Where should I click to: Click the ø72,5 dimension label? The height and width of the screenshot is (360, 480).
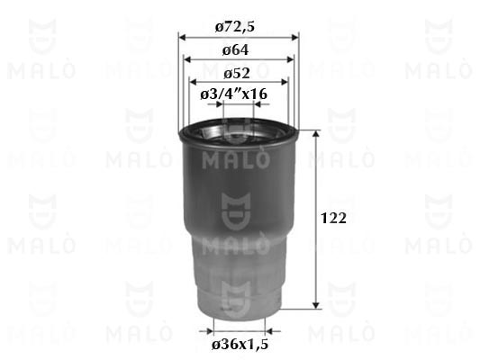coord(234,27)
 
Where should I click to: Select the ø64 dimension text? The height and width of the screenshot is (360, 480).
coord(235,50)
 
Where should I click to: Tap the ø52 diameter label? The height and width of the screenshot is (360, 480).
coord(236,74)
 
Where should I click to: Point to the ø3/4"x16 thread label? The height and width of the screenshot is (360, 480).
coord(234,94)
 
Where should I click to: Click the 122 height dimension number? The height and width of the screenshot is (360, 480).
coord(333,218)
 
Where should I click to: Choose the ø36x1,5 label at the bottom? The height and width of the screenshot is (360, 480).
coord(240,345)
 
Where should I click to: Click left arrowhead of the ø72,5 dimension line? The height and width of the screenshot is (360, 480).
coord(182,38)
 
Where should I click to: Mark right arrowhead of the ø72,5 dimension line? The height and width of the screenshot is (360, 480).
coord(295,38)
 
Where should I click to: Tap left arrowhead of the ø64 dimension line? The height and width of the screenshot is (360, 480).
coord(186,59)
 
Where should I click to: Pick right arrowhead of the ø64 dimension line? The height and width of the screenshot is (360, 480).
coord(290,59)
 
